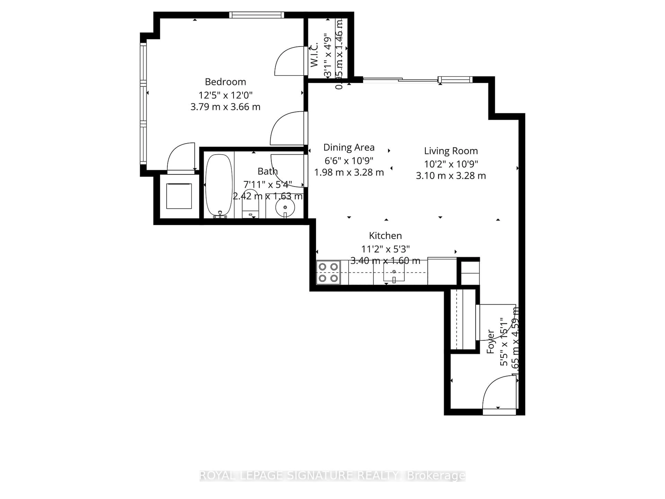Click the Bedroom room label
(x=225, y=82)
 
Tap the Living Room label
(x=451, y=151)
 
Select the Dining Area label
(x=349, y=147)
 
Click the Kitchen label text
(x=385, y=235)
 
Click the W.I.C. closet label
(x=314, y=55)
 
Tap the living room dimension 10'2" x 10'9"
(x=451, y=164)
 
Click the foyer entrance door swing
(x=499, y=392)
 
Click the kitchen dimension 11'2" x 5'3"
(x=385, y=249)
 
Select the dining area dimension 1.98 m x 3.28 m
(x=349, y=172)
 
